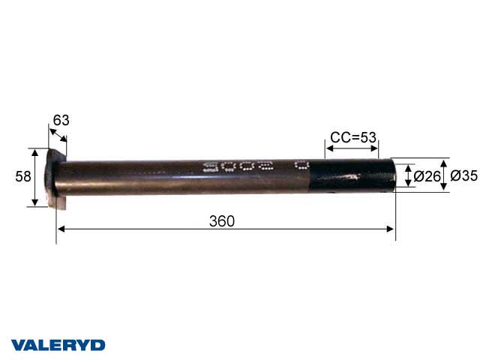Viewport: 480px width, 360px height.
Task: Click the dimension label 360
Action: tap(222, 220)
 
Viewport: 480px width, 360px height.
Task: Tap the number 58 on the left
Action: tap(23, 176)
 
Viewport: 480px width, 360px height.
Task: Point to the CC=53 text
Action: tap(352, 137)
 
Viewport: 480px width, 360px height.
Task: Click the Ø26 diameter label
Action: tap(427, 177)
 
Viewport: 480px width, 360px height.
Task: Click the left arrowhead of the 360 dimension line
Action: tap(60, 228)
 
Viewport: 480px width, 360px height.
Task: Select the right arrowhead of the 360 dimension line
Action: tap(391, 228)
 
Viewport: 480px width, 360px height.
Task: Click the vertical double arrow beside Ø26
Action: tap(408, 177)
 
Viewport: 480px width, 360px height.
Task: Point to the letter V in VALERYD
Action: tap(16, 345)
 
